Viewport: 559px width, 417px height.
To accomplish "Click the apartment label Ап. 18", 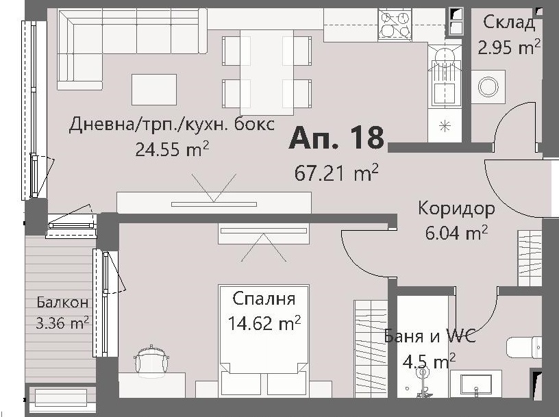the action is coord(336,138).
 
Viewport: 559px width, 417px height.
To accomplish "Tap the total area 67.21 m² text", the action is coord(336,173).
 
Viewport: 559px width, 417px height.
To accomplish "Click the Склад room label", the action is coord(509,23).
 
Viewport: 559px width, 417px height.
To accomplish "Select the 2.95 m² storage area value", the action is coord(509,47).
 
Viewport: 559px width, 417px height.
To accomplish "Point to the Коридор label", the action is coord(456,208).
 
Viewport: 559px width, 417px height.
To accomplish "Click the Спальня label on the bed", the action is coord(264,299).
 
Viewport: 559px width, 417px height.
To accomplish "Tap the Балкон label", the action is coord(62,302).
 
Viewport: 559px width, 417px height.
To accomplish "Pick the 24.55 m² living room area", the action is coord(172,149).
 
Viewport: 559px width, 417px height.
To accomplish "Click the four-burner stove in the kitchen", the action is coord(395,23).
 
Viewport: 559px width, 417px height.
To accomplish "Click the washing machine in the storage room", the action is coord(488,86).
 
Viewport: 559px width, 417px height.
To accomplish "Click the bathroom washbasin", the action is coord(475,383).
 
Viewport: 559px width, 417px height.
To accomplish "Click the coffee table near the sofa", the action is coord(154,90).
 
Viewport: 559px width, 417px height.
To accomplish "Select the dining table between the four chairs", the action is coord(266,73).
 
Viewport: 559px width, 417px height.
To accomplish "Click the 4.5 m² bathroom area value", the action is coord(429,361).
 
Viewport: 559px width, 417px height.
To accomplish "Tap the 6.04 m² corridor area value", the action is coord(456,233).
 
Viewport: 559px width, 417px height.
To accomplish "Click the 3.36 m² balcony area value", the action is coord(62,323).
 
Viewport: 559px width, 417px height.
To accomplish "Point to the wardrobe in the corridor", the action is coord(530,258).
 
